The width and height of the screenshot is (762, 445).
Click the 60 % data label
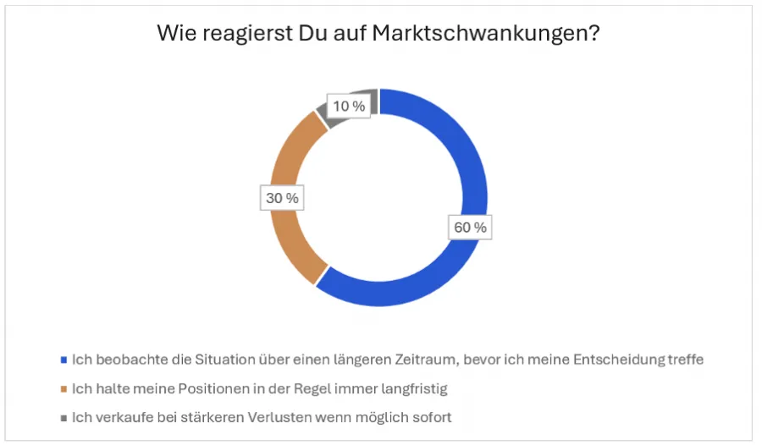[x=469, y=228]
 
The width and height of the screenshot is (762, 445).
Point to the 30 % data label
[x=281, y=198]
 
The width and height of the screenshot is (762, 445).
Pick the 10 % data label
[x=348, y=106]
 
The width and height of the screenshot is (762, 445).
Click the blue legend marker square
[x=63, y=360]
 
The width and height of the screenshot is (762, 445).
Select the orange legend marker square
[x=63, y=389]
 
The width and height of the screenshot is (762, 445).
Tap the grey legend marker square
[x=63, y=418]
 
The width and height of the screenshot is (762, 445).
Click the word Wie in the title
[x=175, y=35]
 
